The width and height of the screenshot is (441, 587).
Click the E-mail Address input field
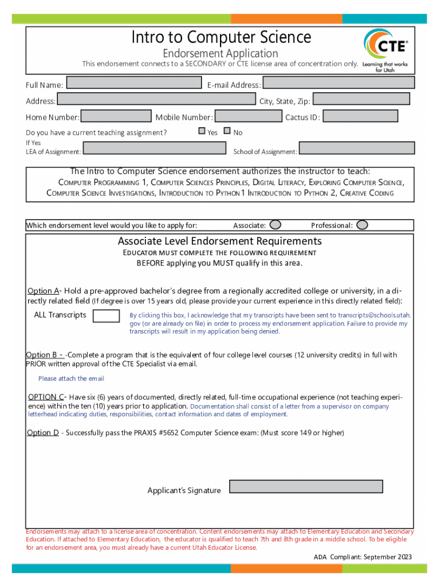point(338,83)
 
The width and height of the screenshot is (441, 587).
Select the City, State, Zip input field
point(361,99)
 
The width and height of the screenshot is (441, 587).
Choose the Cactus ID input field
point(360,117)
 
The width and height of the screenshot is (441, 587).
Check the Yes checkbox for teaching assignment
point(202,131)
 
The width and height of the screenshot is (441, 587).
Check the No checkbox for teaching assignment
point(227,131)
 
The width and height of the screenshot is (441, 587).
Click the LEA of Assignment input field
point(155,148)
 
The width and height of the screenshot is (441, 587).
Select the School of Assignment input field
point(357,148)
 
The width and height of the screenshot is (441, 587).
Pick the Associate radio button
point(275,225)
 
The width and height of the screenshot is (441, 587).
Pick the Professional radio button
point(362,225)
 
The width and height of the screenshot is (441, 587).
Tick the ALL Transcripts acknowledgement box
point(106,316)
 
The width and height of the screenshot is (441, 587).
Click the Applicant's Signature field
point(306,487)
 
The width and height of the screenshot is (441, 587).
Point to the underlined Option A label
point(44,291)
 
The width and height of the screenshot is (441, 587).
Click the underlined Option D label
point(43,433)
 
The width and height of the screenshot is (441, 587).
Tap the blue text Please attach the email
point(71,378)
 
